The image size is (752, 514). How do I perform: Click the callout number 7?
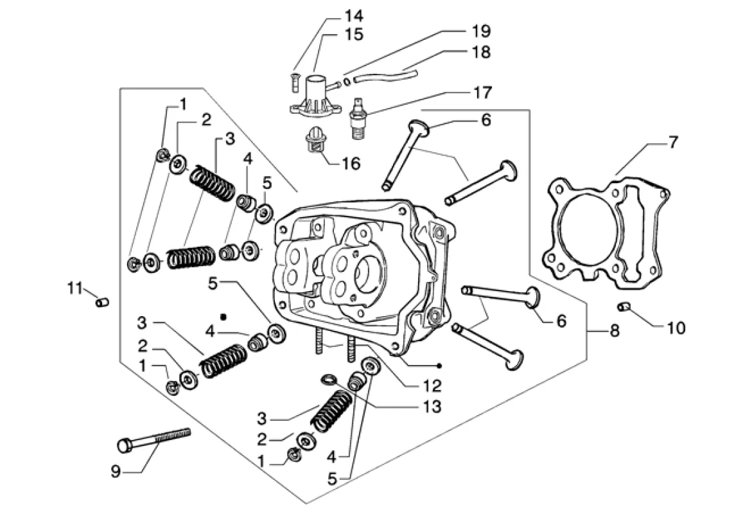point(674,143)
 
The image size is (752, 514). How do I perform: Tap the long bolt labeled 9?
point(153,439)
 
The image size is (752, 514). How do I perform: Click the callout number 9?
point(116,472)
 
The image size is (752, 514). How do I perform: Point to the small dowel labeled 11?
point(102,303)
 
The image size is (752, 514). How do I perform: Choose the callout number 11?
point(75,288)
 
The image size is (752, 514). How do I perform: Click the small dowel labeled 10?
point(624,306)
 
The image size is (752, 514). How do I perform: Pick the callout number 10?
point(676,328)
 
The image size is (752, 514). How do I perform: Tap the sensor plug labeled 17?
point(356,118)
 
